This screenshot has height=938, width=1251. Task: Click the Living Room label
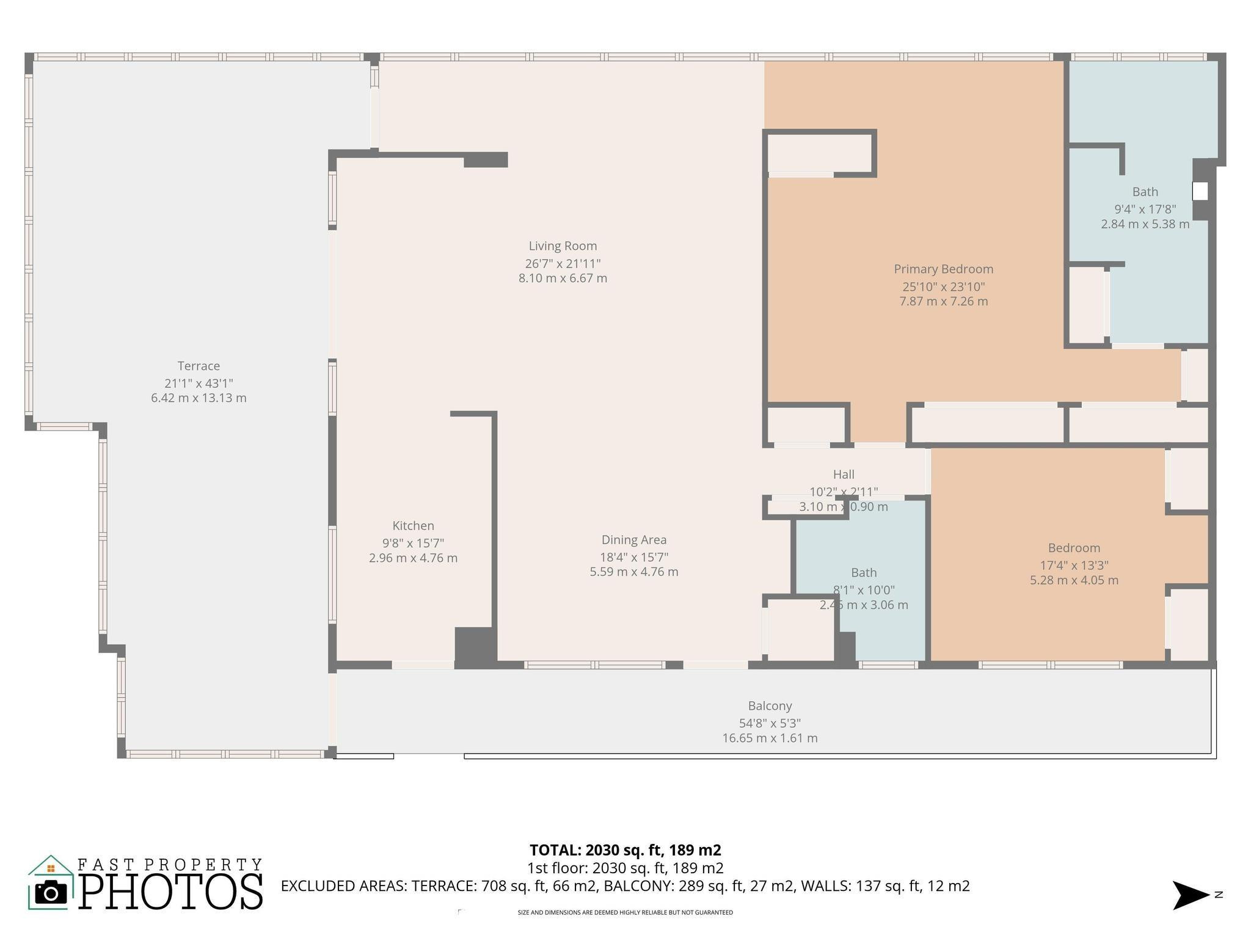pyautogui.click(x=563, y=246)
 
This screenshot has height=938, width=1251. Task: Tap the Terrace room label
pyautogui.click(x=199, y=366)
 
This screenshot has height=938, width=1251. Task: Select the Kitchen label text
pyautogui.click(x=413, y=526)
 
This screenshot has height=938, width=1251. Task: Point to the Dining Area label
pyautogui.click(x=633, y=540)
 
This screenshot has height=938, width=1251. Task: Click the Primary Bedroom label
pyautogui.click(x=943, y=269)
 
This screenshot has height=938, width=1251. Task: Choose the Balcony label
pyautogui.click(x=770, y=706)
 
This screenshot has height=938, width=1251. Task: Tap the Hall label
pyautogui.click(x=843, y=474)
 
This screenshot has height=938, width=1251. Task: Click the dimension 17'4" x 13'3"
pyautogui.click(x=1074, y=565)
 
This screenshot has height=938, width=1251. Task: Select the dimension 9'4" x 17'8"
pyautogui.click(x=1145, y=209)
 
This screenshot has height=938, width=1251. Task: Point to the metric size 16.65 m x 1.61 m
pyautogui.click(x=770, y=738)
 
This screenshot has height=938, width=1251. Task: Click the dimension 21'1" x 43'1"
pyautogui.click(x=199, y=384)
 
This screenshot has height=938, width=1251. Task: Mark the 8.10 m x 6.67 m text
pyautogui.click(x=563, y=278)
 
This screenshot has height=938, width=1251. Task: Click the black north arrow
pyautogui.click(x=1190, y=895)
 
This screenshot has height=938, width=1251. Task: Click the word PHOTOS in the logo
pyautogui.click(x=171, y=892)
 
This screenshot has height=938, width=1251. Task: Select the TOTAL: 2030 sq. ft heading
pyautogui.click(x=625, y=850)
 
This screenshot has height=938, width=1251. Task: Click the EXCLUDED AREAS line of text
pyautogui.click(x=625, y=886)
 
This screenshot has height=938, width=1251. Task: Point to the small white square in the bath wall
pyautogui.click(x=1200, y=192)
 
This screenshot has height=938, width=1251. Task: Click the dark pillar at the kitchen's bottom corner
pyautogui.click(x=475, y=647)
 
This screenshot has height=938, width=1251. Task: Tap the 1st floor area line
pyautogui.click(x=625, y=868)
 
